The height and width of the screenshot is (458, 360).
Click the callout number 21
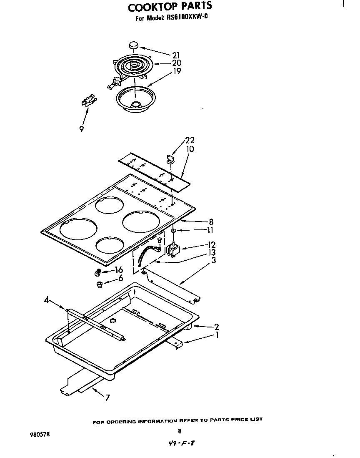tap(177, 55)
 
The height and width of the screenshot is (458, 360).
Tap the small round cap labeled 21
tap(134, 45)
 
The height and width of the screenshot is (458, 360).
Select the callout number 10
tap(190, 149)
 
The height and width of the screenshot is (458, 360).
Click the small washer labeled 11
tap(173, 230)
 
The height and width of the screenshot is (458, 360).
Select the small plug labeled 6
tap(100, 285)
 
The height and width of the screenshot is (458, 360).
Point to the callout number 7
tap(107, 398)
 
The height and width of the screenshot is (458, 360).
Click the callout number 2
tap(216, 327)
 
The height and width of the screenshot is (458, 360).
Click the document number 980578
tap(40, 434)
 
